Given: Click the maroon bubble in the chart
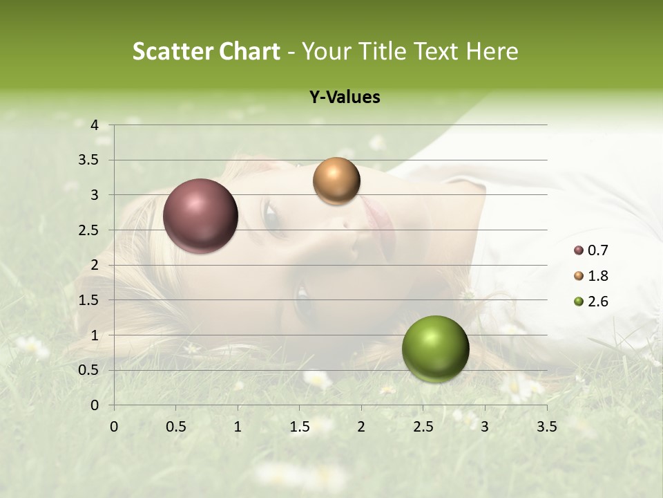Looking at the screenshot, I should [201, 216].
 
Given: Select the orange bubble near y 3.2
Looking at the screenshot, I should [336, 181].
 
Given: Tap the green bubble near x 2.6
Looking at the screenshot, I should [435, 349].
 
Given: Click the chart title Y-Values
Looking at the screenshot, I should [345, 98].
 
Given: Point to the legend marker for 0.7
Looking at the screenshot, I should [579, 250].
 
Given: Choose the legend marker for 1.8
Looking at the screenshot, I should [579, 276].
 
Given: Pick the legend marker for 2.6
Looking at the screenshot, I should [579, 302].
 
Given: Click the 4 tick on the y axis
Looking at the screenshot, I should [95, 125].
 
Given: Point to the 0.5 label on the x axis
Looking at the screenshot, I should [176, 427].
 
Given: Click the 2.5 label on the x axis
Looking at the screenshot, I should [423, 427].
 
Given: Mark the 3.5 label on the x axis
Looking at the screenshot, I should [546, 427].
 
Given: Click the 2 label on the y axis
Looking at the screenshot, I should [95, 265].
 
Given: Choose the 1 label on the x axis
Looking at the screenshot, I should [238, 427].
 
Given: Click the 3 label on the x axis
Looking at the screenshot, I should [485, 427].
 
